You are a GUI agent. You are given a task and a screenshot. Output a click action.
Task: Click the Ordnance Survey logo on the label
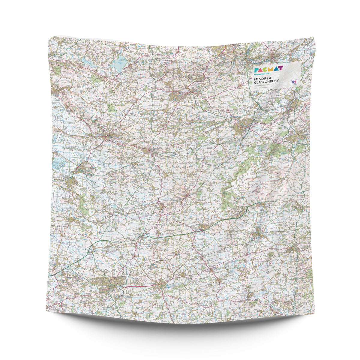pyautogui.click(x=294, y=81)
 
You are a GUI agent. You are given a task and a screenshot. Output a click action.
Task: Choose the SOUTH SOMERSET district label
pyautogui.click(x=55, y=255)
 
